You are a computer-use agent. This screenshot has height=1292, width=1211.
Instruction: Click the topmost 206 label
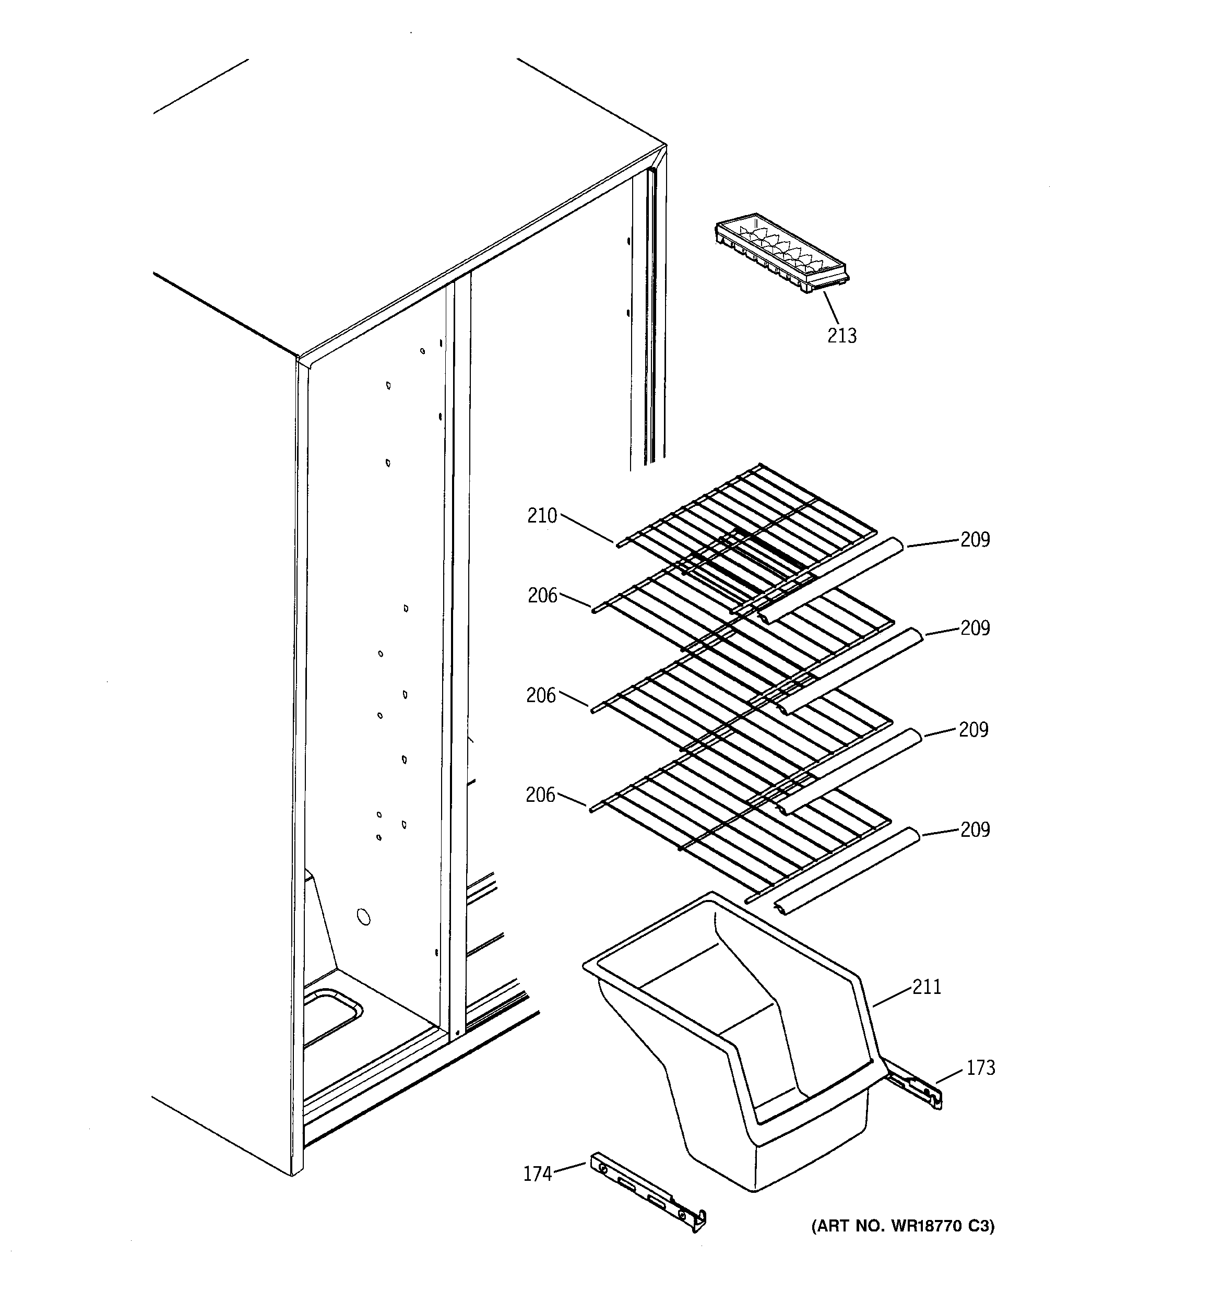coord(542,595)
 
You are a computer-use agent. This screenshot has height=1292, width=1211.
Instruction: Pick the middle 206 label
coord(541,696)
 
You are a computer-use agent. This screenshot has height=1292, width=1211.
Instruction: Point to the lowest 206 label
coord(540,795)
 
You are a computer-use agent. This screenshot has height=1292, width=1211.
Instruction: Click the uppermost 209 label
coord(975,539)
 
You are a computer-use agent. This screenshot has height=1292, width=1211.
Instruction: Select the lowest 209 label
coord(975,830)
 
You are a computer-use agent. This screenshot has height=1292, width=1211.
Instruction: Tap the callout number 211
coord(927,987)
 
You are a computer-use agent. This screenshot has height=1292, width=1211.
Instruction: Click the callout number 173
coord(980,1068)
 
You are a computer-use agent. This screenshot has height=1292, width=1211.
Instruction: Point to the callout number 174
coord(538,1174)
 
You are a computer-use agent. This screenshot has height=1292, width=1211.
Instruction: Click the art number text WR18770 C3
coord(902,1226)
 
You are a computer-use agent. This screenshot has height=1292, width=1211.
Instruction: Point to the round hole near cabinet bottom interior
coord(364,917)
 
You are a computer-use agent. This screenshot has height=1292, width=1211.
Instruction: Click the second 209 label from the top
coord(975,628)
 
